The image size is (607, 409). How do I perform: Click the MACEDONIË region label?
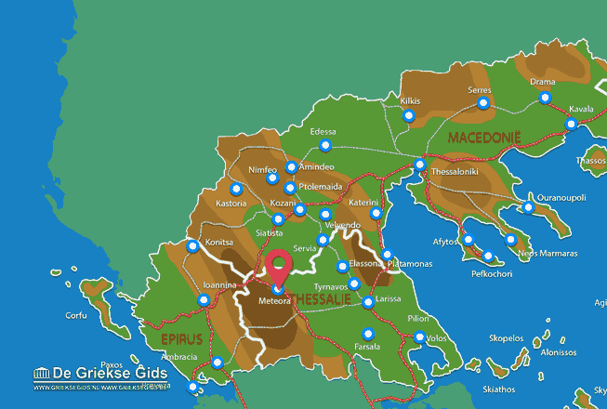click(x=484, y=138)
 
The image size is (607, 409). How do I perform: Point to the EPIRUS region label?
click(x=174, y=340)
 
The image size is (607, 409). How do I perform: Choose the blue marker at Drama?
click(x=545, y=98)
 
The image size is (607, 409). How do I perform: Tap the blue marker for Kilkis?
click(x=409, y=116)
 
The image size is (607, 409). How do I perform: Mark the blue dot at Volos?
click(x=419, y=337)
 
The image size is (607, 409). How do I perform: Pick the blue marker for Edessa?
click(x=325, y=146)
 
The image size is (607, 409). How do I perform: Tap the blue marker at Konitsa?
click(x=192, y=246)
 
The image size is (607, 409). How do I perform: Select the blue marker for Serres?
click(x=482, y=104)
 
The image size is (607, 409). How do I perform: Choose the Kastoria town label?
click(x=231, y=203)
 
